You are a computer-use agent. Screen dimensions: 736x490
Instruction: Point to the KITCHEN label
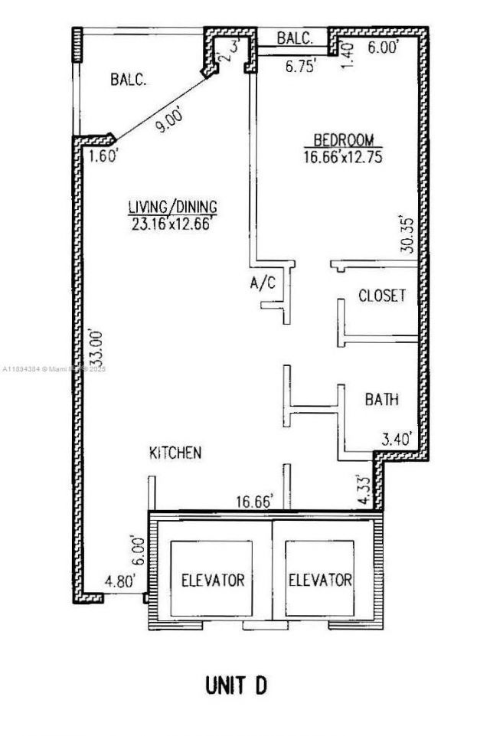(175, 453)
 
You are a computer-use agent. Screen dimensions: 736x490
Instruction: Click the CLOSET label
(382, 296)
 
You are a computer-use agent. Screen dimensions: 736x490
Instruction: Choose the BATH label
(381, 400)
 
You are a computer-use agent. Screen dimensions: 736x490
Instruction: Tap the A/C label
(262, 283)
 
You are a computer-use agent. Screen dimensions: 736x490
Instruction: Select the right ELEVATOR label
(320, 580)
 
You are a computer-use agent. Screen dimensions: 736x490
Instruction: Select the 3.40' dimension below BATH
(397, 439)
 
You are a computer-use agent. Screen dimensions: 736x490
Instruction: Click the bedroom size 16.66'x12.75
(342, 156)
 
